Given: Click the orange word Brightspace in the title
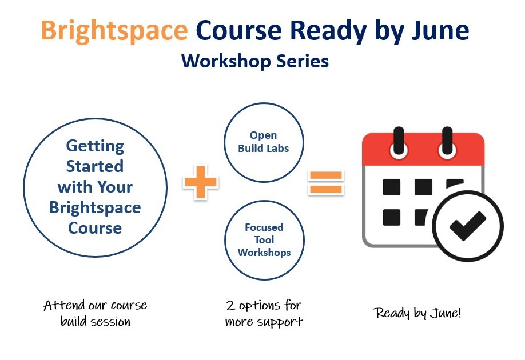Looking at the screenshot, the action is [114, 31].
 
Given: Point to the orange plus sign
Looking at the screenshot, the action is [201, 182].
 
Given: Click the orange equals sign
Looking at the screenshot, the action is [326, 182].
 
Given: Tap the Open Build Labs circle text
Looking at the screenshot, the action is [264, 142].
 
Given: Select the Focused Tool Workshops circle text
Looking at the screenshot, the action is [264, 240].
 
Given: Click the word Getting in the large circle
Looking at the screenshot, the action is [95, 146].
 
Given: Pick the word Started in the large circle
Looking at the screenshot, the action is [95, 166].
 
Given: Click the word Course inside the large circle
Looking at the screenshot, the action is [95, 228].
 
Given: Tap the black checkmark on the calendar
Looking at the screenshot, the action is [467, 226].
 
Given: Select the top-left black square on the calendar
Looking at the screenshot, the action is [391, 187].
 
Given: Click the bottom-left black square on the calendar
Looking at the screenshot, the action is [391, 218].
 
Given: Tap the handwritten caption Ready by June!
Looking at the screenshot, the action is [417, 313].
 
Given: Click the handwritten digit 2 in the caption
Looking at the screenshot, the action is [230, 306].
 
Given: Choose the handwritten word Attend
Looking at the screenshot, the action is [64, 305].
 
